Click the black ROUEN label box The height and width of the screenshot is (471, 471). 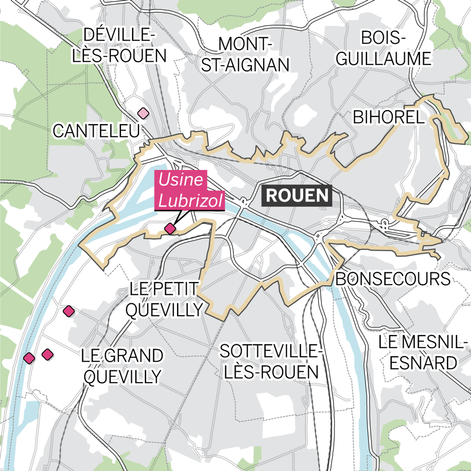tap(297, 195)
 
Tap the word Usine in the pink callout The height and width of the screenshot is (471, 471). tap(181, 180)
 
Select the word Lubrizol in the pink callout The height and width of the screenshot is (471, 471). tap(190, 200)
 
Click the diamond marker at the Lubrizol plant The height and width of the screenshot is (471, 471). tap(170, 229)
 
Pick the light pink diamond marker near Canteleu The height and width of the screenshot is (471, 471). tap(143, 113)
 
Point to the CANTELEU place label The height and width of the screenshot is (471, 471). tap(96, 131)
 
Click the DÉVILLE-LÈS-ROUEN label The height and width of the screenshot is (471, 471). tap(119, 45)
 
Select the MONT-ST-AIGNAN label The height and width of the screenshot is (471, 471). tap(245, 55)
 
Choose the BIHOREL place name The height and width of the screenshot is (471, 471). tap(388, 117)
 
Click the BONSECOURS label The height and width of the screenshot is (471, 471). tap(393, 279)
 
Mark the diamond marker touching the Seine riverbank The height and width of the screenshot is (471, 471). tap(29, 358)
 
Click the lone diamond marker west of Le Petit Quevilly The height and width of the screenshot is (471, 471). tap(69, 311)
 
